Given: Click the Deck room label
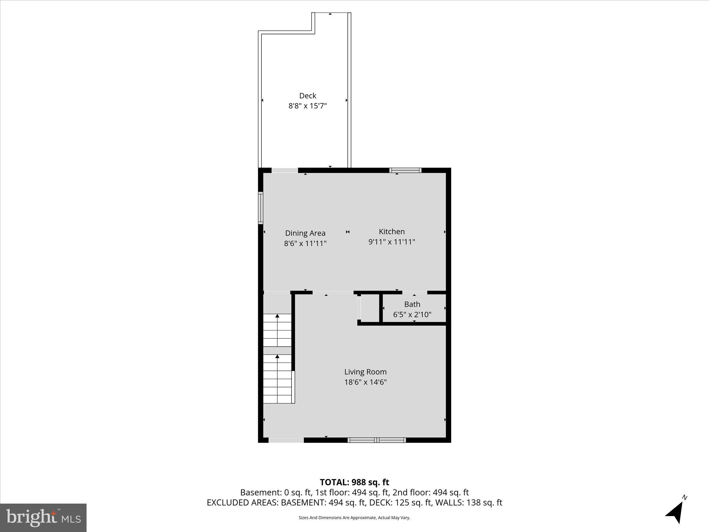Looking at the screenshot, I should pyautogui.click(x=307, y=96).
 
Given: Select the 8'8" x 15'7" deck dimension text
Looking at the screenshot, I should pyautogui.click(x=307, y=106).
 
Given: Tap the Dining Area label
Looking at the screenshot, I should pyautogui.click(x=305, y=233).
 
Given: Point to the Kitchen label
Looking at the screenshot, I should pyautogui.click(x=392, y=231).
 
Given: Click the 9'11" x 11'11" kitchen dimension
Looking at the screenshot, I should pyautogui.click(x=392, y=242).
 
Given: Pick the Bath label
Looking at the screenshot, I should pyautogui.click(x=412, y=304).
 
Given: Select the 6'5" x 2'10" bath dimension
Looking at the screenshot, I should pyautogui.click(x=412, y=314).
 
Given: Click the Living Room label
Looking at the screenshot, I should pyautogui.click(x=365, y=372).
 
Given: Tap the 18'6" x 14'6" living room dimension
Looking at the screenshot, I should pyautogui.click(x=365, y=382).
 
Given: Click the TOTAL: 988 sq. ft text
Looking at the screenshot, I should pyautogui.click(x=354, y=482).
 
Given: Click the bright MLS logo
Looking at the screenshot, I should pyautogui.click(x=43, y=517).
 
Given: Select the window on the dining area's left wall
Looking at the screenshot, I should pyautogui.click(x=261, y=208).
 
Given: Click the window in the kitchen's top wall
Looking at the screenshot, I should pyautogui.click(x=405, y=170).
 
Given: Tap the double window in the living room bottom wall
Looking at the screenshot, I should pyautogui.click(x=377, y=440).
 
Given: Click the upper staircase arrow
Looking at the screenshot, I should pyautogui.click(x=277, y=316).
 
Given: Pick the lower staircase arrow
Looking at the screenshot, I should pyautogui.click(x=277, y=356).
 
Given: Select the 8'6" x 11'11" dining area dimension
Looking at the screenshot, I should pyautogui.click(x=305, y=243).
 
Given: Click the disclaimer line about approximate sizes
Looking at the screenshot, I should pyautogui.click(x=354, y=517).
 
